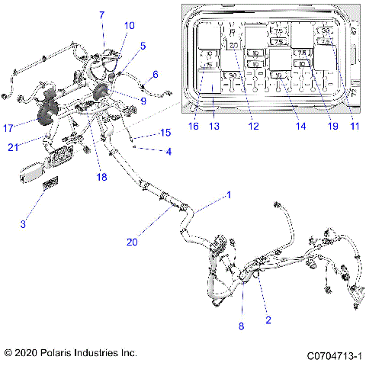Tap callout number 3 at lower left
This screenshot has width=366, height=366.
[23, 223]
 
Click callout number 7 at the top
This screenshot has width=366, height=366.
[101, 14]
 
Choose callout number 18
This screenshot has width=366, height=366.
[101, 176]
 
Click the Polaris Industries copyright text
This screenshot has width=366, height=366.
[70, 354]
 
